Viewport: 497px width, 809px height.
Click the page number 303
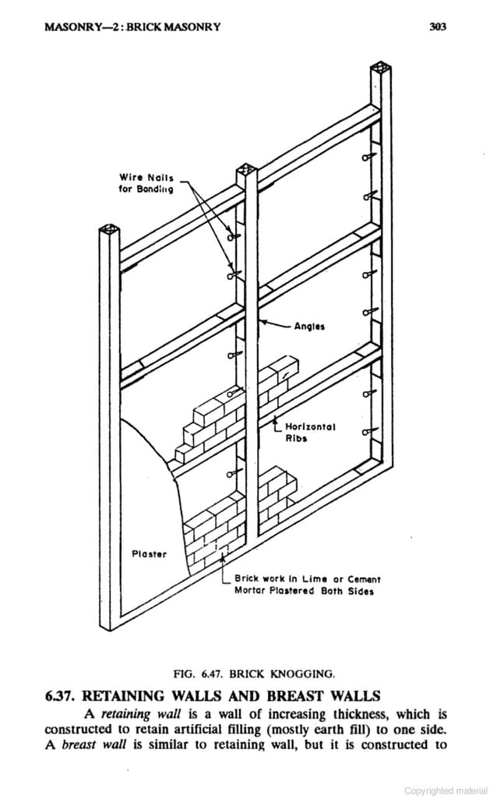(x=437, y=26)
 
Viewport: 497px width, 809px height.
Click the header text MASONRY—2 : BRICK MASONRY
(x=132, y=26)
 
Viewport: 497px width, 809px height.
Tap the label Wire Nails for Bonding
(x=146, y=183)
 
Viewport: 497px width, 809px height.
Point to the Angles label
(x=309, y=327)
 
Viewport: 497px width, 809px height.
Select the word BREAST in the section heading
(x=292, y=695)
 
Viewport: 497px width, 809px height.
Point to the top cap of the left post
(x=110, y=231)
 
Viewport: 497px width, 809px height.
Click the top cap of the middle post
(x=245, y=169)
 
